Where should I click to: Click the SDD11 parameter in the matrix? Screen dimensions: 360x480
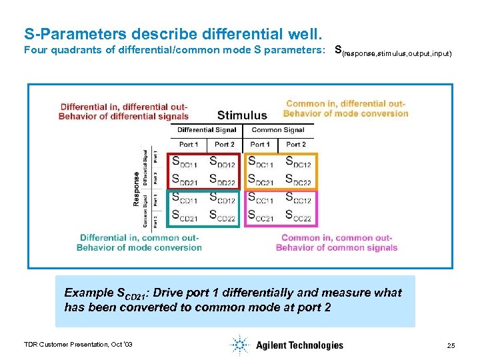click(185, 161)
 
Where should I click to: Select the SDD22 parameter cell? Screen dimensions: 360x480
click(222, 180)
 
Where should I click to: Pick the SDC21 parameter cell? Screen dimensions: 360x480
click(261, 180)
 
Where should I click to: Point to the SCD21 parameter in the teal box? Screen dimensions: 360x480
click(185, 215)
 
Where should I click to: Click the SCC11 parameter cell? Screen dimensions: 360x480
click(261, 198)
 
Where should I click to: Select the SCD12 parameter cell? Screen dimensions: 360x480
click(222, 198)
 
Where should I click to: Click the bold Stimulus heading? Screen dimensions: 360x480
click(242, 115)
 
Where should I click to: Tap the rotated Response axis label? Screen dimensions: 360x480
click(137, 189)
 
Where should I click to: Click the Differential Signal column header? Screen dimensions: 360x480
click(207, 131)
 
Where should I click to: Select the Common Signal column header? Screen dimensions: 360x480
click(278, 131)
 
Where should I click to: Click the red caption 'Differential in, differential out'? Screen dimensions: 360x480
click(123, 111)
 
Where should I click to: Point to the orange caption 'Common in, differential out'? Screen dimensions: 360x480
click(345, 108)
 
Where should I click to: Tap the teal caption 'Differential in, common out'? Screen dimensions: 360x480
click(139, 242)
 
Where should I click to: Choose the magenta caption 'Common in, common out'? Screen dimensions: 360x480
click(336, 243)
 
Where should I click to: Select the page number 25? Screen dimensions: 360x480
click(451, 345)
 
